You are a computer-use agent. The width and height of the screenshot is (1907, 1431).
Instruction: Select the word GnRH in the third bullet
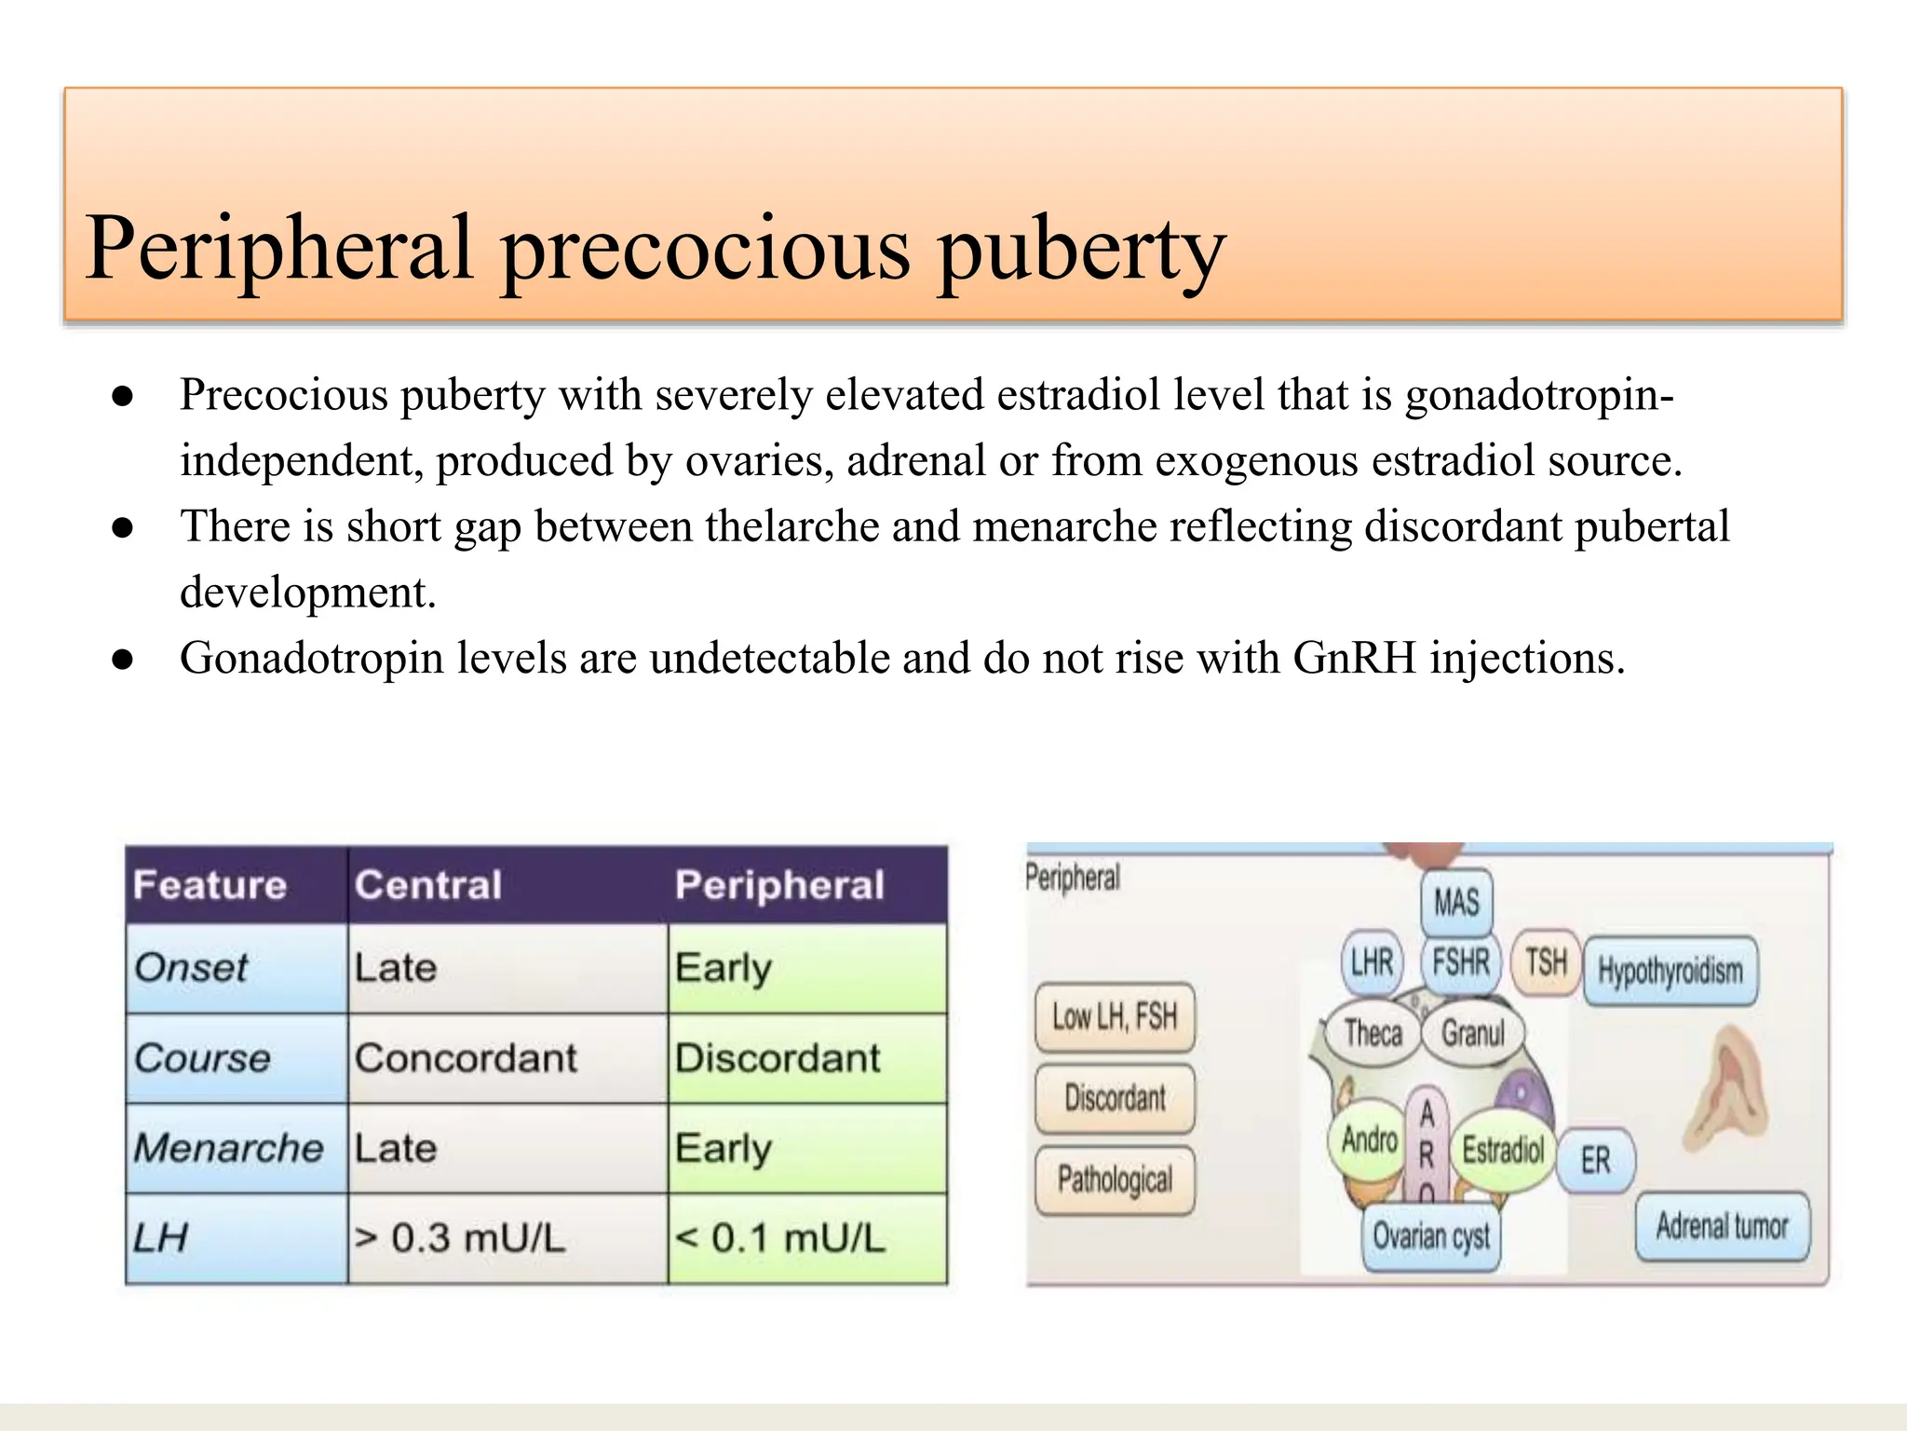pos(1354,659)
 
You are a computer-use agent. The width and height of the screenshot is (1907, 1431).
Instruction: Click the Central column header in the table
pos(427,885)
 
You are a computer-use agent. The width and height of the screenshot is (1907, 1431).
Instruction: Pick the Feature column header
pos(210,885)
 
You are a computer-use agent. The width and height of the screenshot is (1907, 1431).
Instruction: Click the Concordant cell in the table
pos(466,1058)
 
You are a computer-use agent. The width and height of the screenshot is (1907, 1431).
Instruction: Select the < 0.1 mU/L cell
pos(779,1238)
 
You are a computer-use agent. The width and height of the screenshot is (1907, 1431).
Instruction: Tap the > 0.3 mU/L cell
pos(459,1238)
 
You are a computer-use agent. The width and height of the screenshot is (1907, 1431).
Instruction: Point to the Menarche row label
pos(228,1148)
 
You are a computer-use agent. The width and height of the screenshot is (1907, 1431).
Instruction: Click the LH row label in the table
pos(160,1238)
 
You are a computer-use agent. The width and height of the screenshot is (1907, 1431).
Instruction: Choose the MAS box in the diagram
pos(1456,902)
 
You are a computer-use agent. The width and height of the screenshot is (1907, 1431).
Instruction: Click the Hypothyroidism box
pos(1670,971)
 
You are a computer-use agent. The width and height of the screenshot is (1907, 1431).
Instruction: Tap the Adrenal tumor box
pos(1722,1226)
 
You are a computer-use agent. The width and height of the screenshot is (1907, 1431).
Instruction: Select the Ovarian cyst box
pos(1431,1236)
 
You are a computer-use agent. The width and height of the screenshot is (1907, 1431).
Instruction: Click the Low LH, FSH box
pos(1115,1016)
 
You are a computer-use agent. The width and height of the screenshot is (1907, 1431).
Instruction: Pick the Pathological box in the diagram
pos(1115,1180)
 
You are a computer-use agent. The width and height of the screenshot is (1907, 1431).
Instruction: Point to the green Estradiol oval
pos(1503,1150)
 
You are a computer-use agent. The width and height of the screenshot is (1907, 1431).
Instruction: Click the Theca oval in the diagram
pos(1373,1033)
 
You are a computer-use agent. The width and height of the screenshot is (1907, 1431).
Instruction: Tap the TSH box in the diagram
pos(1546,961)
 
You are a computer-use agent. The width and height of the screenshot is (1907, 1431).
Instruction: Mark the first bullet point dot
pos(123,397)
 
